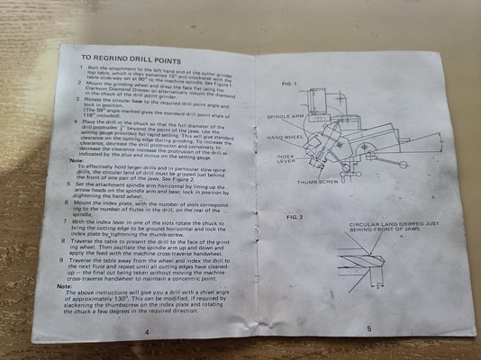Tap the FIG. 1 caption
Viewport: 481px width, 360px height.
point(280,83)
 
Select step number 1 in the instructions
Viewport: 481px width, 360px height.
point(66,67)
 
